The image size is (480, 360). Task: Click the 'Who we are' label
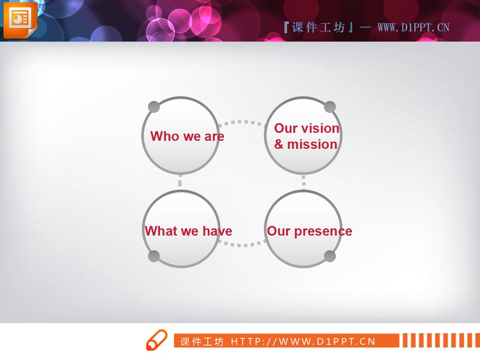[x=187, y=136]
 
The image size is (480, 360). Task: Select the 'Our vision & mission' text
[x=306, y=136]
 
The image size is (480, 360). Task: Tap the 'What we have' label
[x=188, y=231]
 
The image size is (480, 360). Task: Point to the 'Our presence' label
[x=309, y=231]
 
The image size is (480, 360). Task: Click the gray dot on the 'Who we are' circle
[x=154, y=106]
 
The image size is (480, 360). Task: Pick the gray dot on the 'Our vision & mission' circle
[x=330, y=106]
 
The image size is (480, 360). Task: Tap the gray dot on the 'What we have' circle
[x=154, y=256]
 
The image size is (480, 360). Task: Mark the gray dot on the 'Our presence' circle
[x=330, y=256]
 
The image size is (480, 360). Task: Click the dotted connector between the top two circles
[x=242, y=121]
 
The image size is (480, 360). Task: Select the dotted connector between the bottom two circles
[x=242, y=244]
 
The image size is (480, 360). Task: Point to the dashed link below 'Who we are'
[x=180, y=182]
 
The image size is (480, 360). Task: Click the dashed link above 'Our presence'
[x=303, y=182]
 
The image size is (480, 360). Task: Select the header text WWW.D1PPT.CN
[x=413, y=27]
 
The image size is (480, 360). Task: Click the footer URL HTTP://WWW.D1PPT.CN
[x=303, y=341]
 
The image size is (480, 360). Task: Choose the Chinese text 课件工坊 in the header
[x=318, y=27]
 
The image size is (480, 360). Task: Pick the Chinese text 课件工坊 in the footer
[x=202, y=341]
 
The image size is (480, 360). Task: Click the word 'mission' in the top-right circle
[x=312, y=145]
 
